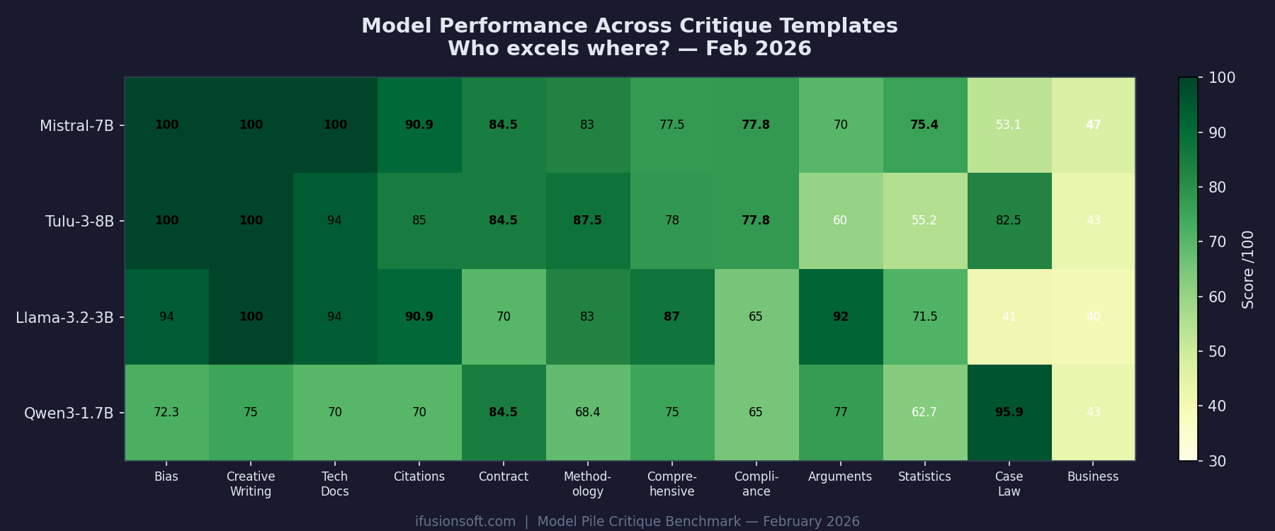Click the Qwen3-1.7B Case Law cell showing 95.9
tap(1009, 412)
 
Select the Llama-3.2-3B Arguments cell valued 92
tap(840, 316)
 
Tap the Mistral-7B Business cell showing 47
tap(1093, 125)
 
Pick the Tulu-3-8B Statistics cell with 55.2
tap(924, 220)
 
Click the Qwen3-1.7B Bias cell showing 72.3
tap(166, 412)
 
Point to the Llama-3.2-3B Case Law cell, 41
tap(1009, 316)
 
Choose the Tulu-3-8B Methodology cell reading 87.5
tap(587, 220)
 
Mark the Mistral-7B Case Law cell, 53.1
tap(1009, 125)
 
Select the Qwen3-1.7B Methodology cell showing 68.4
tap(587, 412)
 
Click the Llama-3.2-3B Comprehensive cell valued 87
tap(671, 316)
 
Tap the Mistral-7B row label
tap(76, 126)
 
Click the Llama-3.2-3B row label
tap(64, 317)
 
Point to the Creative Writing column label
tap(251, 484)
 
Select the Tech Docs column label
tap(334, 484)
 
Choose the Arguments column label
tap(840, 476)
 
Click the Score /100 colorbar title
tap(1248, 269)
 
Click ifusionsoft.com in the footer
tap(465, 522)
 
